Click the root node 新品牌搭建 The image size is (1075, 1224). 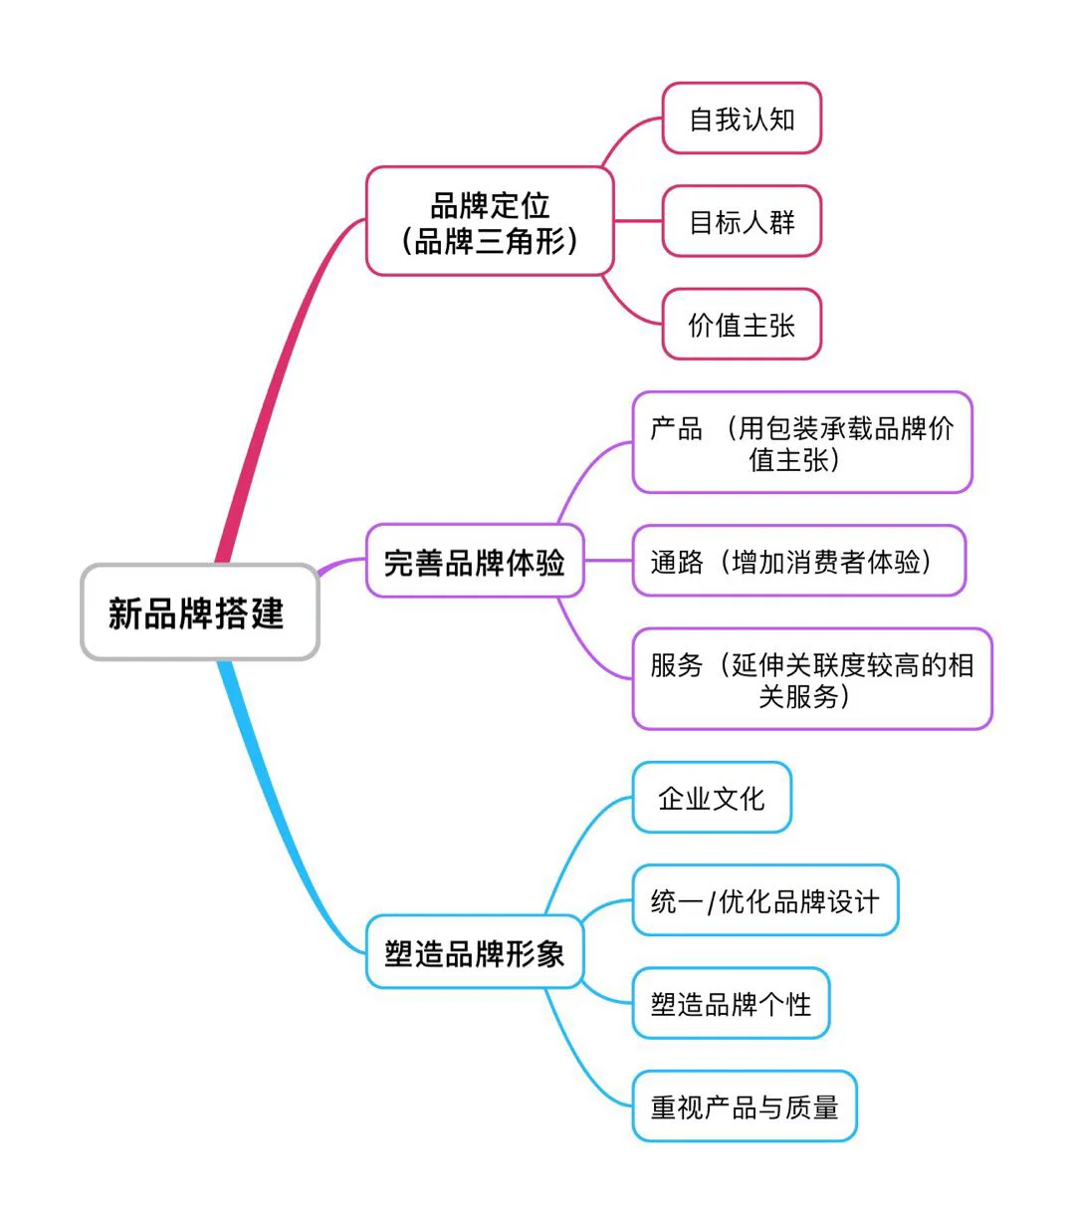click(x=199, y=612)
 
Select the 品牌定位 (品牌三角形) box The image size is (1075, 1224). click(x=489, y=221)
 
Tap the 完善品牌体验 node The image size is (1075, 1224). click(x=474, y=562)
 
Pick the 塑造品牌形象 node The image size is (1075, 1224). click(x=474, y=952)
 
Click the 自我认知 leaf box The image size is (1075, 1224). click(x=742, y=120)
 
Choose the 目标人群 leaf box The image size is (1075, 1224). click(x=742, y=221)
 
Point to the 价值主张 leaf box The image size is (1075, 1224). click(x=742, y=325)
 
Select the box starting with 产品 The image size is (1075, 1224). click(x=801, y=442)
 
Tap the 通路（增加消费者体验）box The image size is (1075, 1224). click(x=798, y=561)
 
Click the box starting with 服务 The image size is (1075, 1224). click(x=811, y=678)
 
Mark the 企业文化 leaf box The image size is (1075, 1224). click(x=712, y=798)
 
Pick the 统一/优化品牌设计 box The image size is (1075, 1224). click(x=764, y=900)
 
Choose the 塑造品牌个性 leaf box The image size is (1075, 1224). click(x=731, y=1003)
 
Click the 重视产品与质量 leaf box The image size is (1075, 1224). click(x=744, y=1105)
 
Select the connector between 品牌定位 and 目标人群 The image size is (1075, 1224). click(x=638, y=221)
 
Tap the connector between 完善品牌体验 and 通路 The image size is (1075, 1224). click(x=608, y=561)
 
